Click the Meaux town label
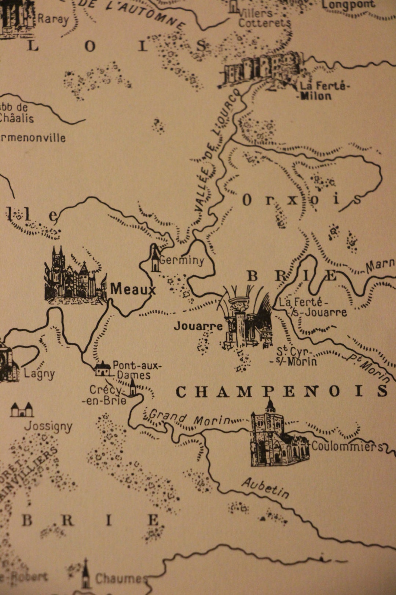133,289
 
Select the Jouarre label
198,326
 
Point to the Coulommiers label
347,447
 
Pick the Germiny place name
182,260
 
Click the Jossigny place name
48,426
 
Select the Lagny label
39,374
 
